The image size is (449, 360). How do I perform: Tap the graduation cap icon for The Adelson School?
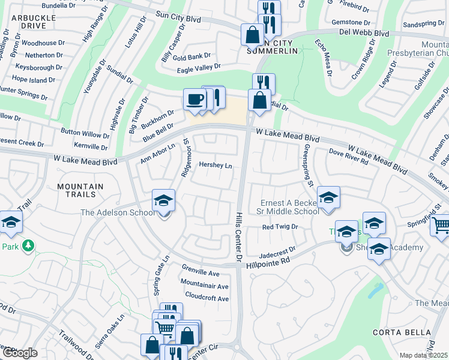pyautogui.click(x=163, y=201)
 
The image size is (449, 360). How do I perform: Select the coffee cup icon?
pyautogui.click(x=194, y=99)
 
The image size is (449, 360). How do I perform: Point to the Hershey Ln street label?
pyautogui.click(x=215, y=165)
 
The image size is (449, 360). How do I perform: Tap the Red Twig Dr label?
pyautogui.click(x=280, y=227)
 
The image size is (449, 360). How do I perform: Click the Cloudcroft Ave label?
pyautogui.click(x=206, y=298)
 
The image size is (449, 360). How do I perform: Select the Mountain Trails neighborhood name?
pyautogui.click(x=76, y=190)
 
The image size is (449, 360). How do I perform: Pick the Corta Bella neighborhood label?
pyautogui.click(x=410, y=332)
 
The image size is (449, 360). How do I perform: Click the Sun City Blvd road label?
pyautogui.click(x=178, y=20)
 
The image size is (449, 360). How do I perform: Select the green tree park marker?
pyautogui.click(x=27, y=245)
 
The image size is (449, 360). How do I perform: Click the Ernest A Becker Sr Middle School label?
pyautogui.click(x=289, y=207)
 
